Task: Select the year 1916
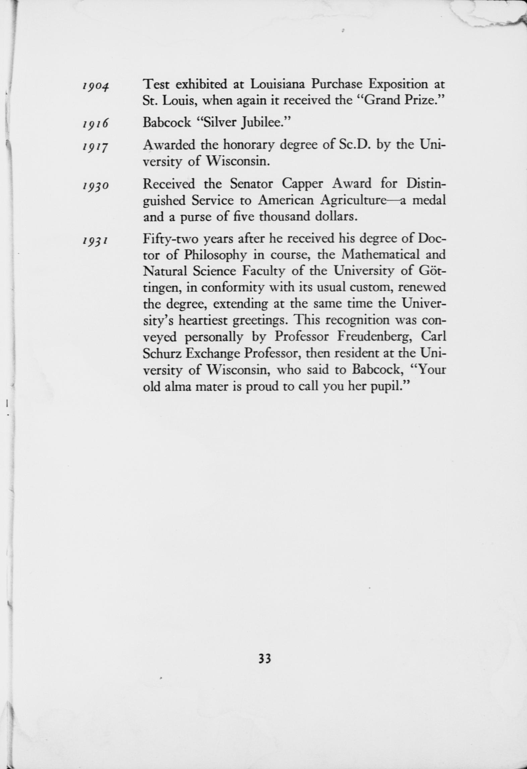96,124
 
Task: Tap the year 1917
96,147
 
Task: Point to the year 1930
96,186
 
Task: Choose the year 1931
96,241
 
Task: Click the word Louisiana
277,84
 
